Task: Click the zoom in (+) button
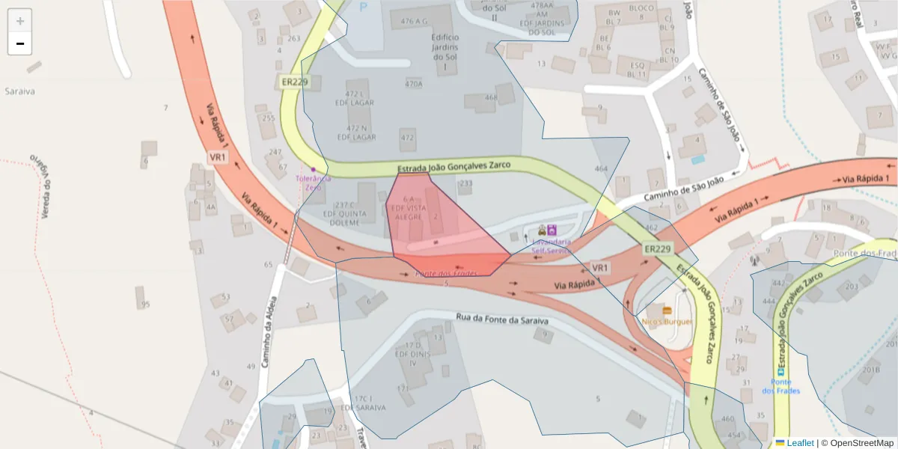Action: (20, 21)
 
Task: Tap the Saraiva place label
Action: (20, 91)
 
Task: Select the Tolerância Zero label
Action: (314, 182)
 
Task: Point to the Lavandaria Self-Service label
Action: (552, 246)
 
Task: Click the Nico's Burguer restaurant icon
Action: (668, 310)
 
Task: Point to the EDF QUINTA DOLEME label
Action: (345, 213)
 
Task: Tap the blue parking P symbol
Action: (364, 7)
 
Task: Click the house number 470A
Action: (414, 84)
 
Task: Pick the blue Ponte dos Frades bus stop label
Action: (781, 386)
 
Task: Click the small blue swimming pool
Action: (698, 159)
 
